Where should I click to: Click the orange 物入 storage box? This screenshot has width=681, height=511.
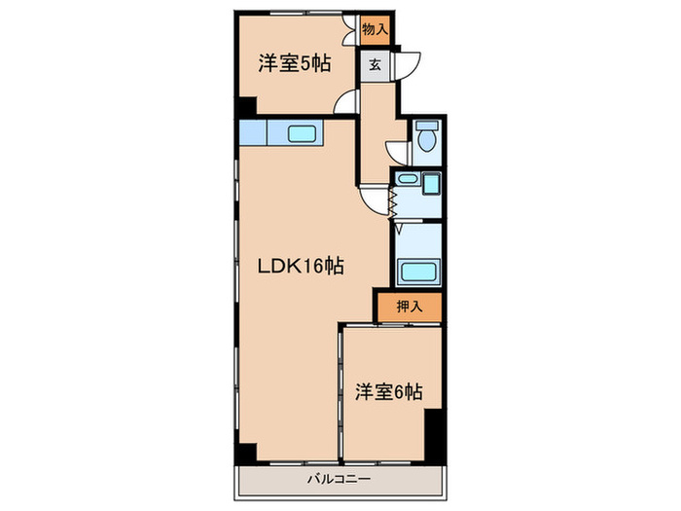pos(375,29)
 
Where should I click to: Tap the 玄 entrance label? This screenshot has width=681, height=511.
pos(375,67)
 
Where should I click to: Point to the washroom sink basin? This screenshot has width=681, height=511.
pos(407,180)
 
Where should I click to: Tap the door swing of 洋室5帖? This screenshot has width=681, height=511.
pos(347,101)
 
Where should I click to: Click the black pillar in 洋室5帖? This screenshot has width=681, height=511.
pos(247,107)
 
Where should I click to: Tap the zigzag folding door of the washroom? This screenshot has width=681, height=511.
pos(394,201)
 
